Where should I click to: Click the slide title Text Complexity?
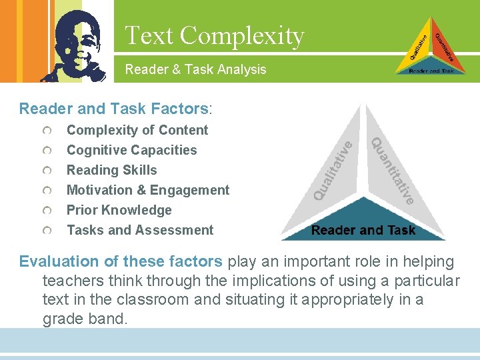coord(214,35)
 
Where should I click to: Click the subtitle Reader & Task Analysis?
coord(195,69)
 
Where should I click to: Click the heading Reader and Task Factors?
coord(114,109)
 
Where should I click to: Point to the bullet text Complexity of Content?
coord(137,130)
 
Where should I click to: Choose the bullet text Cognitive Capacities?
coord(132,150)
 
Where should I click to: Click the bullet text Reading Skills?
coord(112,170)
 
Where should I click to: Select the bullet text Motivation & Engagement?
coord(148,190)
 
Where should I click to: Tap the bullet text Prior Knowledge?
coord(119,210)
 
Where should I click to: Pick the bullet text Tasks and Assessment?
coord(140,230)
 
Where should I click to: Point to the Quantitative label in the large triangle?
coord(394,171)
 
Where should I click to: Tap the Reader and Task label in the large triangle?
coord(363,231)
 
